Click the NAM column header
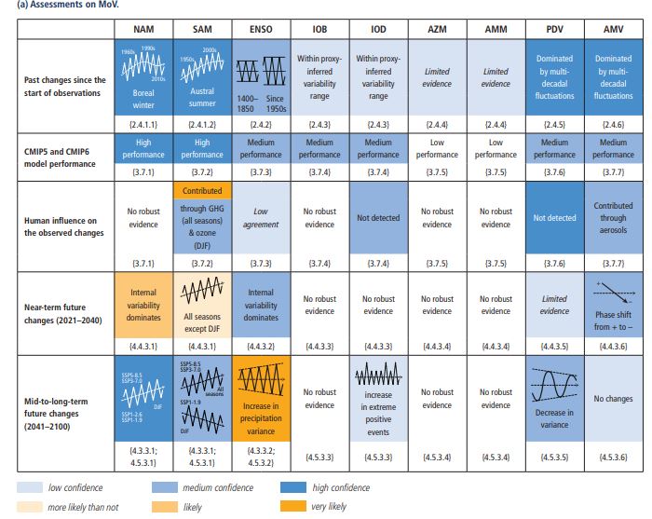coord(143,30)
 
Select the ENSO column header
coord(261,30)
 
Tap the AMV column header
coord(612,30)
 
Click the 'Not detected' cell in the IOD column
coord(378,218)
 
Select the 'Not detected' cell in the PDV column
coord(553,218)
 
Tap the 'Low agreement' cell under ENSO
coord(261,218)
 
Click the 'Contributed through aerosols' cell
coord(612,218)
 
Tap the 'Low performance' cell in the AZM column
coord(437,149)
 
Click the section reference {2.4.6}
coord(612,123)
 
